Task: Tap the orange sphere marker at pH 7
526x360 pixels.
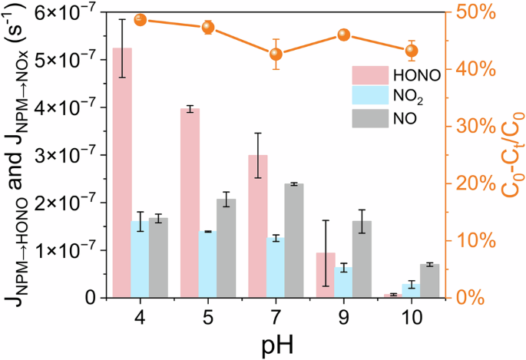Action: [276, 54]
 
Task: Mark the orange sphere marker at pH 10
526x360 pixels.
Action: [412, 51]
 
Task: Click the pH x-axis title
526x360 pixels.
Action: [275, 341]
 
